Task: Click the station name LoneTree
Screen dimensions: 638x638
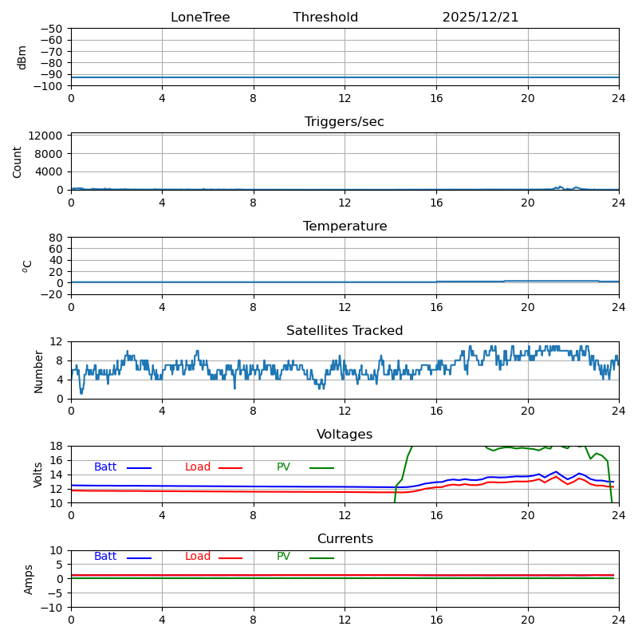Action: pos(200,18)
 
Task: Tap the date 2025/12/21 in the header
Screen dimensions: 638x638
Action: pos(480,18)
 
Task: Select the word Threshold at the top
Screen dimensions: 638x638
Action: pos(325,18)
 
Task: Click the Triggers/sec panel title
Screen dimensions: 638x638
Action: pos(345,122)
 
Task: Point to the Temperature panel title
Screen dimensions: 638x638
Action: pos(345,226)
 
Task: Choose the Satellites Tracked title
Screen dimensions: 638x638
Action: pos(345,331)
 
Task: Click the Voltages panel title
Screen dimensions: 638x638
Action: pos(345,435)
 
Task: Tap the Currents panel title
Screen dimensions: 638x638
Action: pos(345,539)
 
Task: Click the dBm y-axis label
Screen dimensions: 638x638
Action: pos(22,57)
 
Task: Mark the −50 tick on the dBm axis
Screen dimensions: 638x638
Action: pos(56,29)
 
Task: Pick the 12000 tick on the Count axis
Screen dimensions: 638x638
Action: pos(47,136)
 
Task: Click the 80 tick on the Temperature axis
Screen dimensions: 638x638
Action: pos(57,238)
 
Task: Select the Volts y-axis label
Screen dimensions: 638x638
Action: pos(38,475)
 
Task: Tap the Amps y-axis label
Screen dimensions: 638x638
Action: pos(29,579)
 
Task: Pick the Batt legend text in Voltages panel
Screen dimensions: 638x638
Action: pos(105,467)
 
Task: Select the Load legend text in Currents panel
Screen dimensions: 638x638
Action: pos(198,557)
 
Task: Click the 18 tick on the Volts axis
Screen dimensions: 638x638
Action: pos(57,447)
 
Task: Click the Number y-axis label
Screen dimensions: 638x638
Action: pos(38,371)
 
